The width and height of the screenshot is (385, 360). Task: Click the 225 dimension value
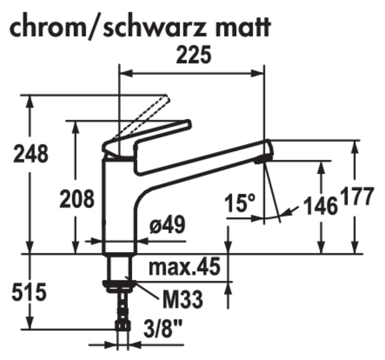pos(194,56)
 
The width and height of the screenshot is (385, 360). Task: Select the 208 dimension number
pos(77,199)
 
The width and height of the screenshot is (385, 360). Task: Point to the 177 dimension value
pos(357,196)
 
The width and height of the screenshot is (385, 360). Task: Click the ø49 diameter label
pos(167,226)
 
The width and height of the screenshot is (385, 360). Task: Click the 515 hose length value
pos(29,292)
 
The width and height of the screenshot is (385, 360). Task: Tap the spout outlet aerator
pos(262,160)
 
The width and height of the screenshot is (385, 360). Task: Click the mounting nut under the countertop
pos(118,286)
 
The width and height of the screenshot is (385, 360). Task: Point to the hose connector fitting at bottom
pos(123,325)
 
